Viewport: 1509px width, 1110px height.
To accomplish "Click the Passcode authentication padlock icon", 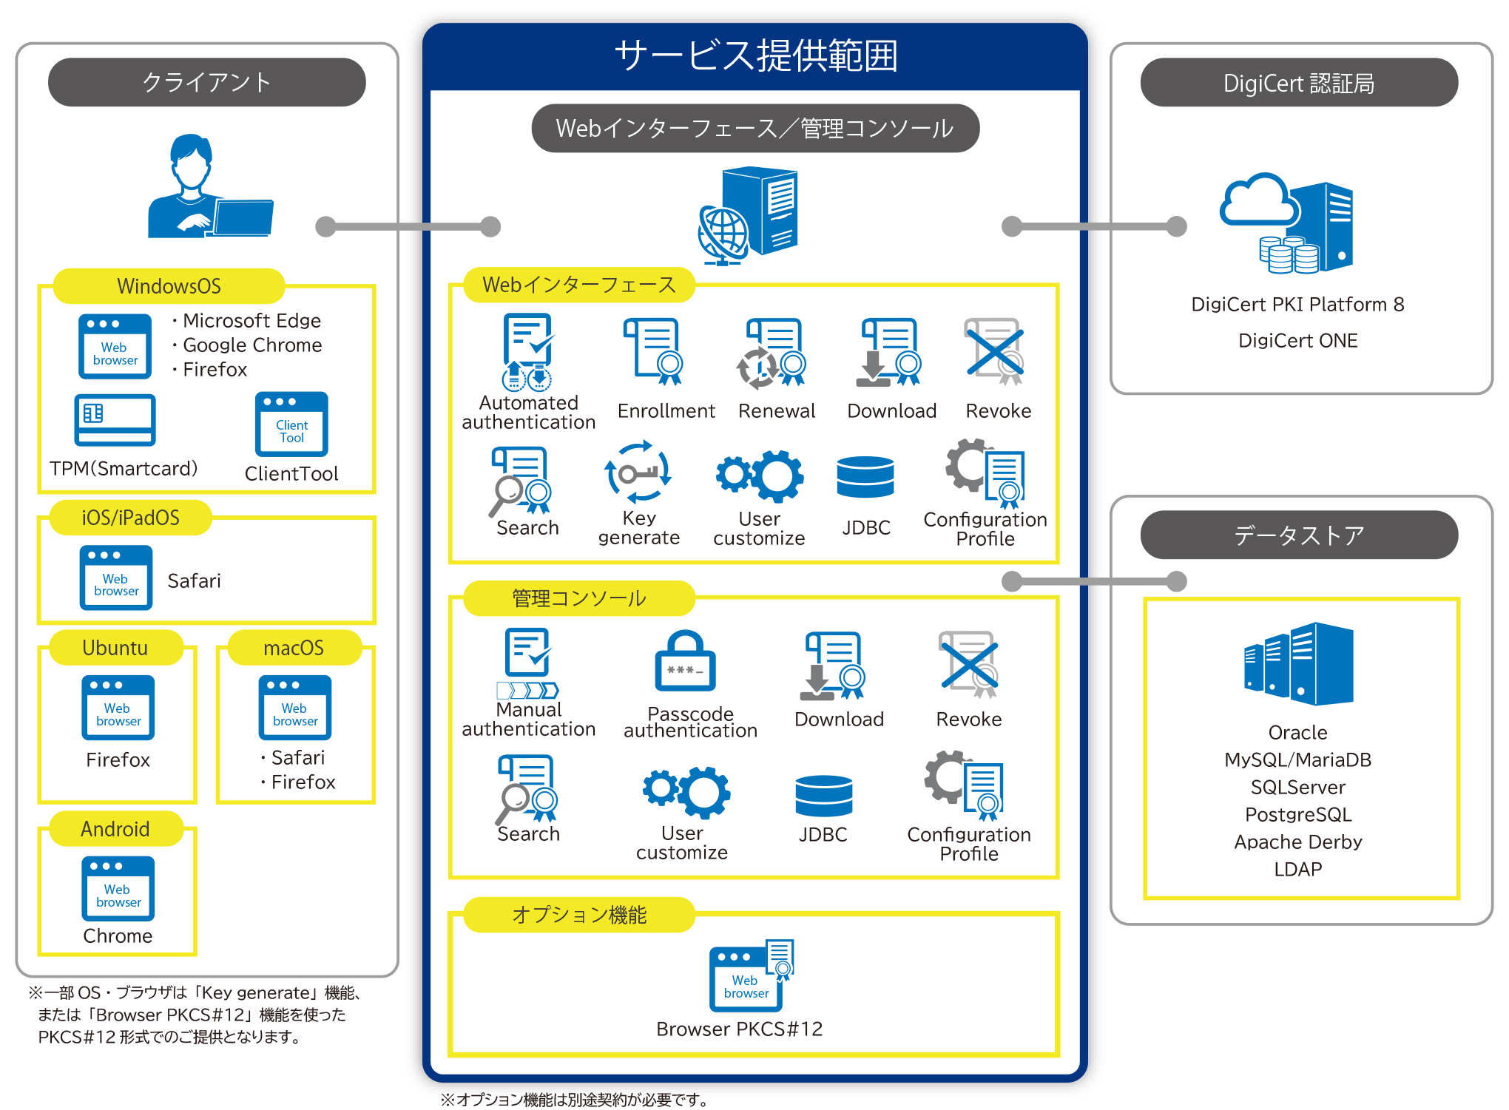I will coord(685,662).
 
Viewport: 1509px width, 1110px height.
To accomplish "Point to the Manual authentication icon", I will coord(528,663).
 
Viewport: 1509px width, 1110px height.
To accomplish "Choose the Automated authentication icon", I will coord(528,352).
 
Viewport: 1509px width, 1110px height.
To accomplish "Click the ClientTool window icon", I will coord(291,424).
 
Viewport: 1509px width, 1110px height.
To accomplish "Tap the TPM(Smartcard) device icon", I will coord(115,420).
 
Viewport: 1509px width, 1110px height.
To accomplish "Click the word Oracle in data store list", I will coord(1297,733).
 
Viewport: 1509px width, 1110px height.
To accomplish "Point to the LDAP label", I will coord(1297,870).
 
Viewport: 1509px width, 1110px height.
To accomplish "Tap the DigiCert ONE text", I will coord(1297,341).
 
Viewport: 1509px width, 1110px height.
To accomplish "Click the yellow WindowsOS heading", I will coord(169,286).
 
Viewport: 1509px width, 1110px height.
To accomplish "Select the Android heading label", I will coord(115,829).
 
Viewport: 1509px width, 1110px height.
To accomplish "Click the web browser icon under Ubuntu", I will coord(118,708).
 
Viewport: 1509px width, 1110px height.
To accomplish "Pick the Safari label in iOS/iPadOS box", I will coord(194,581).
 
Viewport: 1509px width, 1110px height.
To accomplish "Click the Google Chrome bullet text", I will coord(251,345).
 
